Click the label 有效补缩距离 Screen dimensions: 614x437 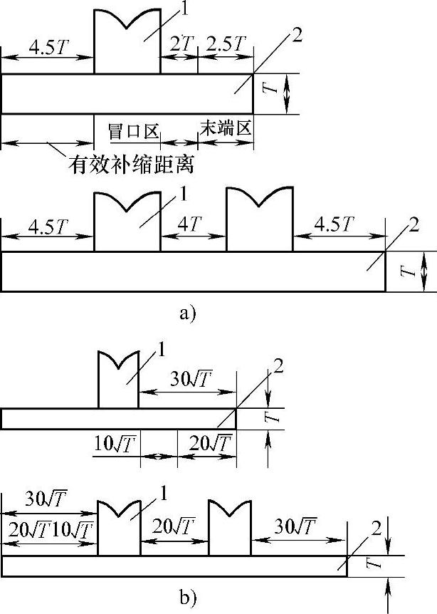132,165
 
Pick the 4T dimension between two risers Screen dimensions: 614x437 192,224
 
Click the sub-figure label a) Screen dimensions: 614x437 186,313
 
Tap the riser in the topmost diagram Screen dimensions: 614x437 127,43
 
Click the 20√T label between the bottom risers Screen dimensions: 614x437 174,528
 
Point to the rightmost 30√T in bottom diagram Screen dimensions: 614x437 294,527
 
